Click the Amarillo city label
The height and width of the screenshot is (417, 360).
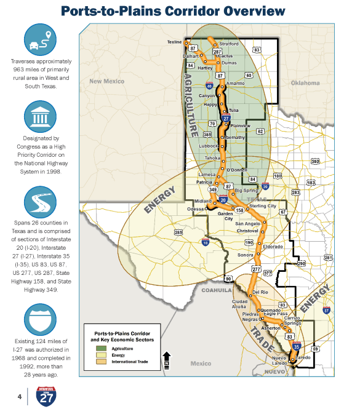click(235, 83)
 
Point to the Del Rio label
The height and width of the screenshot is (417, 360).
click(260, 292)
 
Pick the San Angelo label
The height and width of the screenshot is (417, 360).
click(249, 223)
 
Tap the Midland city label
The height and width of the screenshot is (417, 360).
click(202, 201)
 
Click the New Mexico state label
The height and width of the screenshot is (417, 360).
click(106, 81)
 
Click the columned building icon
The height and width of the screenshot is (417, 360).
click(41, 117)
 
